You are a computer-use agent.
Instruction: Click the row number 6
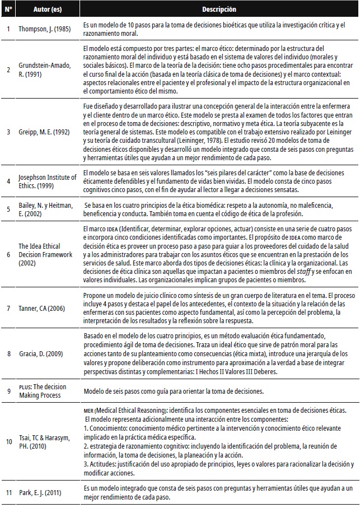click(x=8, y=253)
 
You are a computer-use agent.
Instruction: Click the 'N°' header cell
click(x=8, y=10)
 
